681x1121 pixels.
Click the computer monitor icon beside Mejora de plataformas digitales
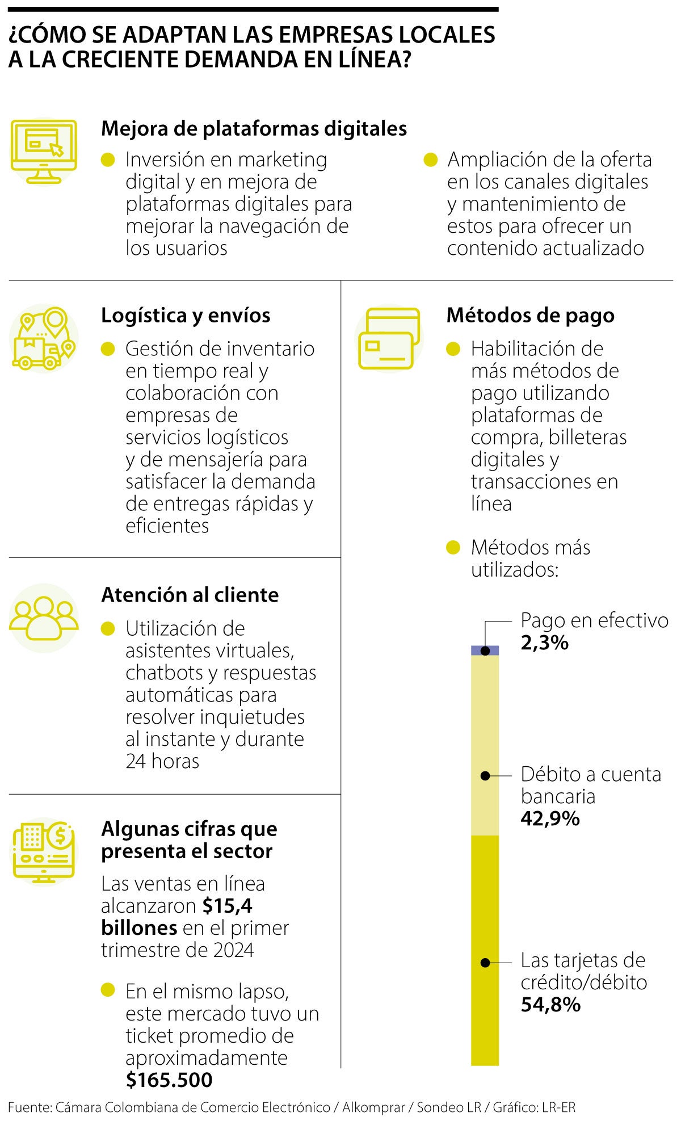pyautogui.click(x=44, y=151)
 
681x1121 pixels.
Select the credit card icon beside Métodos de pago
pyautogui.click(x=389, y=339)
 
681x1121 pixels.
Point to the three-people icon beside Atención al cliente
pyautogui.click(x=44, y=618)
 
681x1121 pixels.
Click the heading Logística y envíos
pyautogui.click(x=186, y=316)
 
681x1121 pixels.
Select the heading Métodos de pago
pyautogui.click(x=530, y=316)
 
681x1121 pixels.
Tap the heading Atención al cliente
pyautogui.click(x=190, y=595)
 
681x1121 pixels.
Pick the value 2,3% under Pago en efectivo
pyautogui.click(x=544, y=643)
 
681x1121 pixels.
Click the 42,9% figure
pyautogui.click(x=550, y=818)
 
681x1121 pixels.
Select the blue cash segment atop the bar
pyautogui.click(x=485, y=650)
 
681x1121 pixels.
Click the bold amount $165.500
pyautogui.click(x=169, y=1080)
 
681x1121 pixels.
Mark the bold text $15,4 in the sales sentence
pyautogui.click(x=228, y=906)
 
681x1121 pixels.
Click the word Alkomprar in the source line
pyautogui.click(x=375, y=1107)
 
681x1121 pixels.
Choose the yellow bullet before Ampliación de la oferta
pyautogui.click(x=431, y=160)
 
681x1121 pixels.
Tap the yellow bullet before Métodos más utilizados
pyautogui.click(x=453, y=548)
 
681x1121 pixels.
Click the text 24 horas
pyautogui.click(x=162, y=761)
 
